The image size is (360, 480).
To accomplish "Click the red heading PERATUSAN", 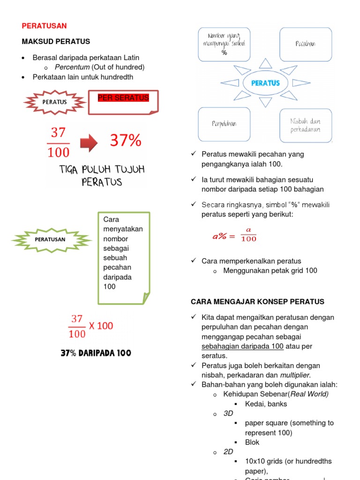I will click(45, 26).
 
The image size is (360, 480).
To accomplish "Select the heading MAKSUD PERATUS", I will click(56, 42).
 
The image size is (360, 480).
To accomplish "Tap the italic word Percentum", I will click(72, 67).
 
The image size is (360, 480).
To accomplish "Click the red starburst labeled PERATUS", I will click(55, 102).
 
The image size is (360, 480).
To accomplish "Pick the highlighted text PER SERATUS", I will click(123, 98).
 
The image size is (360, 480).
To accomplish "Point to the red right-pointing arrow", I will click(88, 141).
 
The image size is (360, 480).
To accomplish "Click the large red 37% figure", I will click(125, 140).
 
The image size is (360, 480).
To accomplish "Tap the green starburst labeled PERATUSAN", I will click(51, 239).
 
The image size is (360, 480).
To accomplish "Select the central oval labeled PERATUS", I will click(265, 83).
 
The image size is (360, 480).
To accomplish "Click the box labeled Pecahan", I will click(305, 44).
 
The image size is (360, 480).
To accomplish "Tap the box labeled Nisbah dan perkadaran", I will click(305, 125).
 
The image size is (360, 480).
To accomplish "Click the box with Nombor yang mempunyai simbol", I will click(224, 44).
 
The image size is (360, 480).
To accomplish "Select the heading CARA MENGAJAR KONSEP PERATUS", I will click(257, 302).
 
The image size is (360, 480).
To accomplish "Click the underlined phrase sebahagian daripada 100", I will click(242, 346).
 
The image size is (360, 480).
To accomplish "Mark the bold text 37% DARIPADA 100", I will click(96, 353).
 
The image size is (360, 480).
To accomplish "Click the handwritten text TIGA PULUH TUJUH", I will click(102, 169).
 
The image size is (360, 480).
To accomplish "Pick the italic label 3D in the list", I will click(228, 413).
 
